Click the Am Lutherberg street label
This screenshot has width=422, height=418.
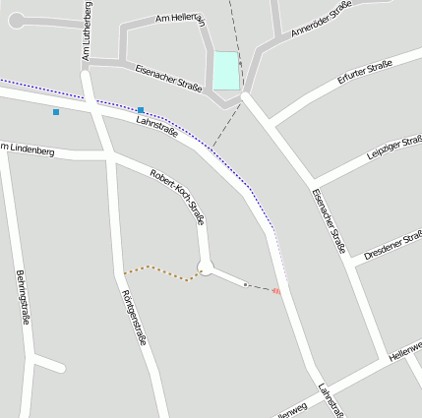click(x=87, y=32)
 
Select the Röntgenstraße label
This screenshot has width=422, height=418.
click(x=133, y=318)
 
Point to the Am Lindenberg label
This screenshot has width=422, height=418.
click(x=29, y=150)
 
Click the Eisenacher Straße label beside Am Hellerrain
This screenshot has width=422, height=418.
click(x=168, y=78)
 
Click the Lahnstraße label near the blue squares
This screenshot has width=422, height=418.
click(x=156, y=125)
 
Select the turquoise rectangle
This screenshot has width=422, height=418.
click(x=226, y=71)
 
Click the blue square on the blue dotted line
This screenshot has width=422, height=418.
click(x=142, y=110)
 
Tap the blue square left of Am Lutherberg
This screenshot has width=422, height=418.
click(x=56, y=112)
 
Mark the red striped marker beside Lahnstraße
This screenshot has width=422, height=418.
click(x=276, y=290)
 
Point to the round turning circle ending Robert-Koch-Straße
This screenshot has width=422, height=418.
click(x=206, y=269)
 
